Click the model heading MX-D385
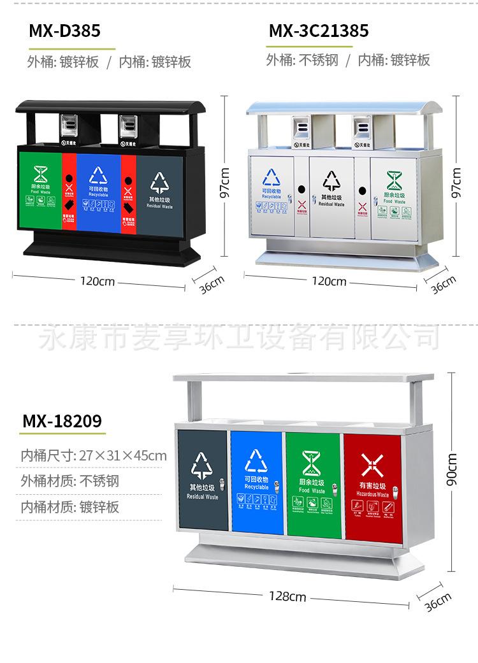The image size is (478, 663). (x=64, y=31)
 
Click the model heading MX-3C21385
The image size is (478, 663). (x=319, y=31)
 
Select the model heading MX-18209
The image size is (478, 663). (x=62, y=422)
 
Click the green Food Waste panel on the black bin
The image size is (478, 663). (x=40, y=187)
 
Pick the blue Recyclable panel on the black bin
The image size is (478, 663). (x=99, y=189)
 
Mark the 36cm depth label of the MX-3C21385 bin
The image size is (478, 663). (x=444, y=284)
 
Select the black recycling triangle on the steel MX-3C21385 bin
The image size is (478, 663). (x=331, y=180)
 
